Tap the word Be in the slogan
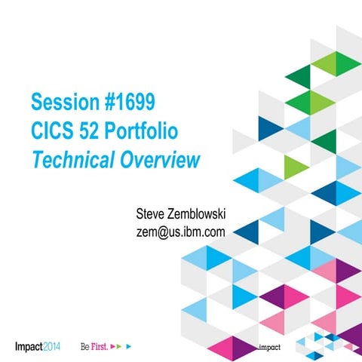[x=85, y=348]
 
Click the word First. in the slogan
[x=100, y=348]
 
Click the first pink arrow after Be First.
[x=112, y=348]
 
